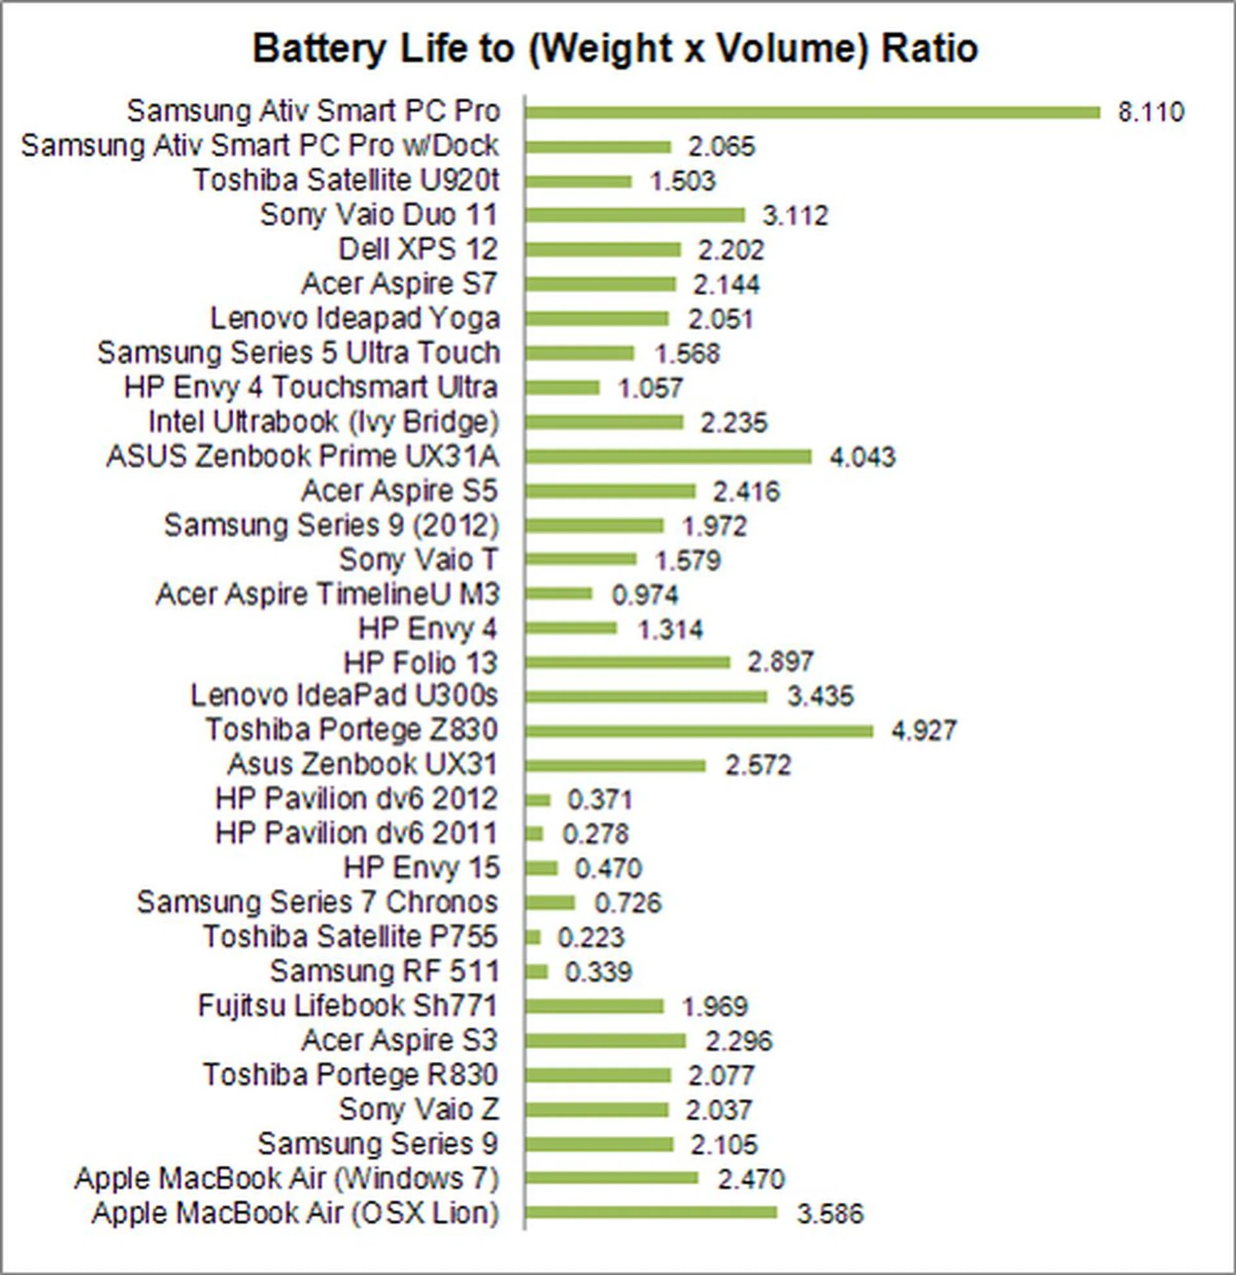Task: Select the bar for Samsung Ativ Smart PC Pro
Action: coord(812,113)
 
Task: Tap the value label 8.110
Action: coord(1151,113)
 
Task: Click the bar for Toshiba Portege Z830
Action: coord(698,731)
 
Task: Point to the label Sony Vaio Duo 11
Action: coord(379,216)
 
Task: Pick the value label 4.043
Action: coord(862,457)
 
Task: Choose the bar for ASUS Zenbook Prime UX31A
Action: coord(668,457)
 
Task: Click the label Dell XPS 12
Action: coord(418,250)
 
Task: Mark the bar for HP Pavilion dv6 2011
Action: coord(534,834)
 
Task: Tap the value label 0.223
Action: coord(591,937)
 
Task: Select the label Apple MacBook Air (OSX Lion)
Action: coord(295,1213)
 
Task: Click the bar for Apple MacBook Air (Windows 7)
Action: coord(612,1178)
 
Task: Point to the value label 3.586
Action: coord(830,1214)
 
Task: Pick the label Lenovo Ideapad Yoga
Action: coord(355,319)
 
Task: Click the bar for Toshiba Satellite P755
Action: coord(533,937)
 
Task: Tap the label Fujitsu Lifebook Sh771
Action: coord(348,1006)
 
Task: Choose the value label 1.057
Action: coord(650,388)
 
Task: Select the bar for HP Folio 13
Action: coord(627,662)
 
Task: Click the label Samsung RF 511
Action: coord(384,972)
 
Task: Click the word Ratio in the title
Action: coord(930,49)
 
